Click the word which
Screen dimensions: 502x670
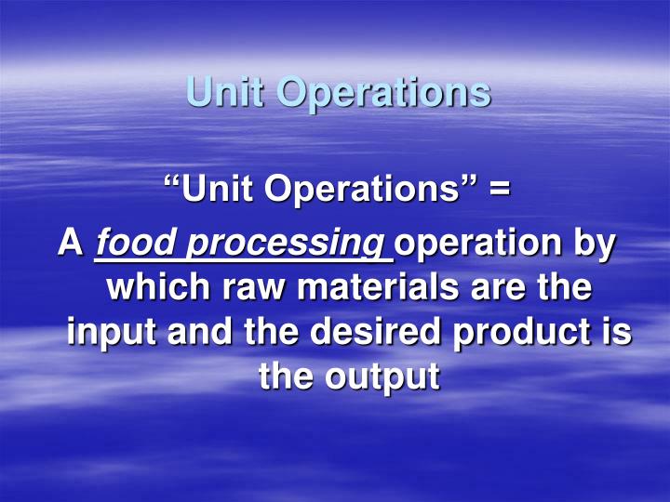tap(157, 287)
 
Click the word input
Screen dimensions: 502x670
tap(112, 333)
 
